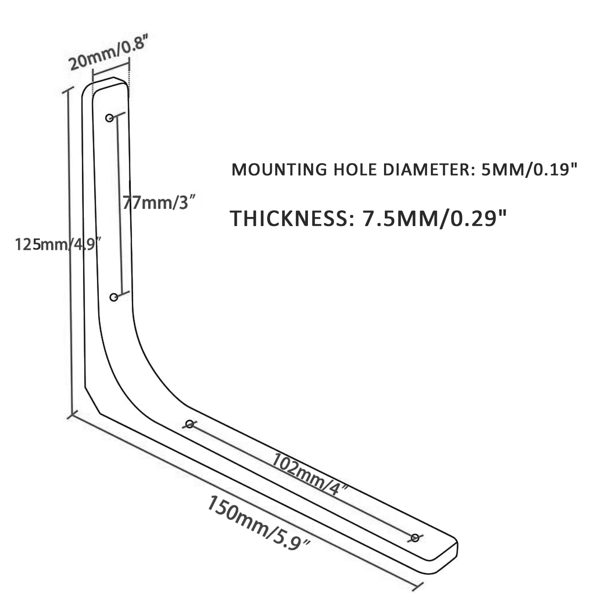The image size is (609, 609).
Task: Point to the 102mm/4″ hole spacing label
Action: pyautogui.click(x=309, y=475)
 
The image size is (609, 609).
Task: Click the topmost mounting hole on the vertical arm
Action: pyautogui.click(x=110, y=118)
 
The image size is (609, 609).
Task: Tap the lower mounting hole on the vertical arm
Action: pyautogui.click(x=114, y=297)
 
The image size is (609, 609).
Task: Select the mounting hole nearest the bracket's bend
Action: pyautogui.click(x=190, y=424)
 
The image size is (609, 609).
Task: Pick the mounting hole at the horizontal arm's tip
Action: pyautogui.click(x=415, y=537)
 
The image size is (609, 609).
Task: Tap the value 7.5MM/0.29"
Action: pyautogui.click(x=435, y=218)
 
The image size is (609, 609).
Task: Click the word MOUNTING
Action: pyautogui.click(x=279, y=170)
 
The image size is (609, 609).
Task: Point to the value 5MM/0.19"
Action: pyautogui.click(x=529, y=170)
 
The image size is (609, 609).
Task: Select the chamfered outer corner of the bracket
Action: pyautogui.click(x=92, y=400)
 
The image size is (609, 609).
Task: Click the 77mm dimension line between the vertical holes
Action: pyautogui.click(x=120, y=206)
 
